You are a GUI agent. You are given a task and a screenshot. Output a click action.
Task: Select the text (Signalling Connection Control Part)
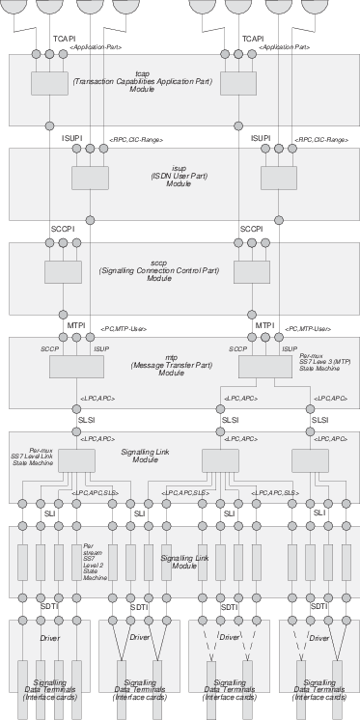pyautogui.click(x=180, y=271)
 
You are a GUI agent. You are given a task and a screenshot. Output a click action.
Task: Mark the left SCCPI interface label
pyautogui.click(x=63, y=229)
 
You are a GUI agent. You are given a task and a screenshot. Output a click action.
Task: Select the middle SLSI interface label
pyautogui.click(x=231, y=420)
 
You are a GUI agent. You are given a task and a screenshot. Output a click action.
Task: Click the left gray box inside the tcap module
pyautogui.click(x=49, y=84)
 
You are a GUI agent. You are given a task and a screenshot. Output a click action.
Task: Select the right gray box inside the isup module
pyautogui.click(x=279, y=180)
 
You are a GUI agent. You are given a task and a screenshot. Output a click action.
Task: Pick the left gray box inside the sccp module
pyautogui.click(x=64, y=272)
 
